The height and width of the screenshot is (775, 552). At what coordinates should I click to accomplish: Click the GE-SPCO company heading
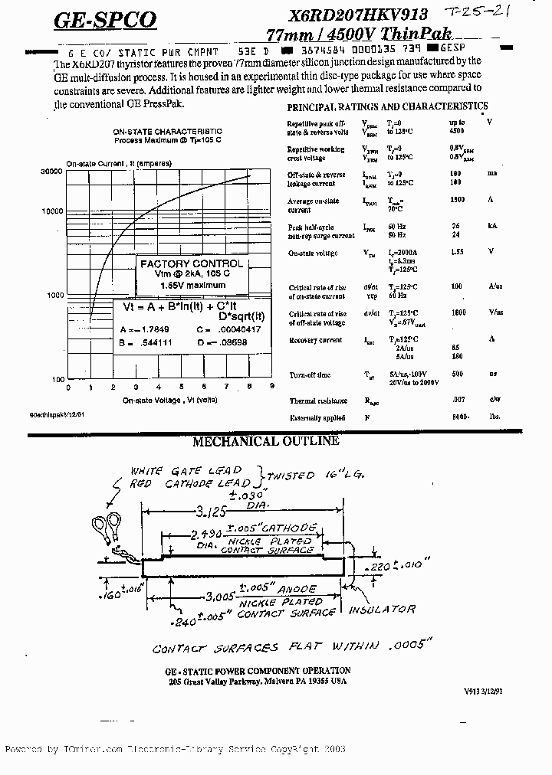tap(105, 21)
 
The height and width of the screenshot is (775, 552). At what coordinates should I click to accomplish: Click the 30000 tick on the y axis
tap(51, 172)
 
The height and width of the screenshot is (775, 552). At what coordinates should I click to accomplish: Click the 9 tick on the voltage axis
tap(272, 387)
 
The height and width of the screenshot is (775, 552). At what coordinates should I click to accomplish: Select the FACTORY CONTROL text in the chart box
tap(191, 263)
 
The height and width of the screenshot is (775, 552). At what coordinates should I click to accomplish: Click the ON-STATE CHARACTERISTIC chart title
tap(167, 132)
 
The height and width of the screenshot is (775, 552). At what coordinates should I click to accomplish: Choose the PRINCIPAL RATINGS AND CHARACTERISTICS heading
tap(387, 107)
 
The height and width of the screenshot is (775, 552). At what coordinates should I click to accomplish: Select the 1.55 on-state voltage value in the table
tap(456, 251)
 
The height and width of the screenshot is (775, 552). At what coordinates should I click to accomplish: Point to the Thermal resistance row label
tap(318, 401)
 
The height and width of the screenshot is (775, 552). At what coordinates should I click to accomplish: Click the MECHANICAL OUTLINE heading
tap(265, 441)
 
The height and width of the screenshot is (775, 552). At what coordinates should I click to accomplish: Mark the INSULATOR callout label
tap(382, 610)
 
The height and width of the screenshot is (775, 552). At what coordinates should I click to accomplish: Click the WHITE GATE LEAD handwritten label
tap(186, 470)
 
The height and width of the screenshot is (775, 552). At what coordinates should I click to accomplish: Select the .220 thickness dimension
tap(374, 568)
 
